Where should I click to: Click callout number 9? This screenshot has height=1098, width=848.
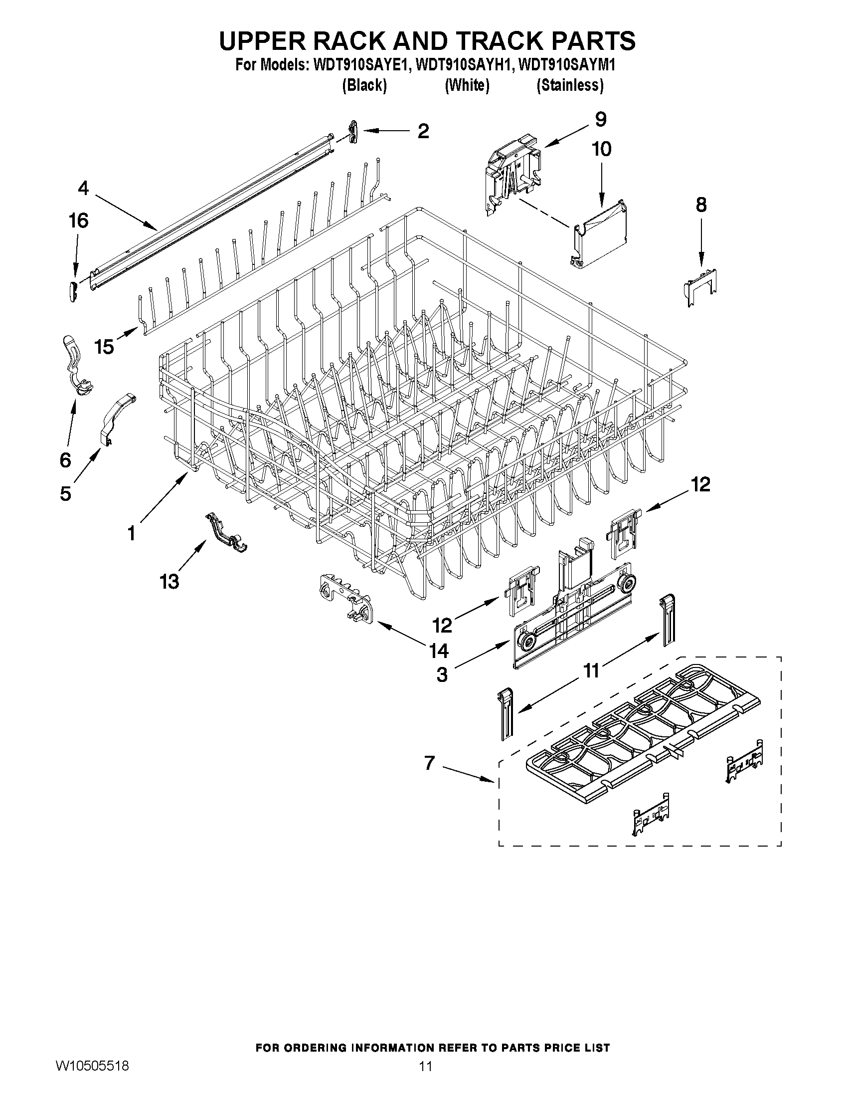[600, 120]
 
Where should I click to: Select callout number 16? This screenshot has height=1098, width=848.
[79, 220]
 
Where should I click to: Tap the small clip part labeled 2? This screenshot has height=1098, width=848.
[353, 132]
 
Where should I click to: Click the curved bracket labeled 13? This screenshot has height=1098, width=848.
[226, 533]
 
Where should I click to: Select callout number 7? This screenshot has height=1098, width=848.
[429, 763]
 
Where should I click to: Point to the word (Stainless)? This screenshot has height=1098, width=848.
[570, 85]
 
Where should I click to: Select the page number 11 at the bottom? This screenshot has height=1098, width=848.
[426, 1066]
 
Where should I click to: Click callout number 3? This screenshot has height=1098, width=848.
[442, 675]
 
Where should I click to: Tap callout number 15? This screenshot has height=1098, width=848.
[105, 346]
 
